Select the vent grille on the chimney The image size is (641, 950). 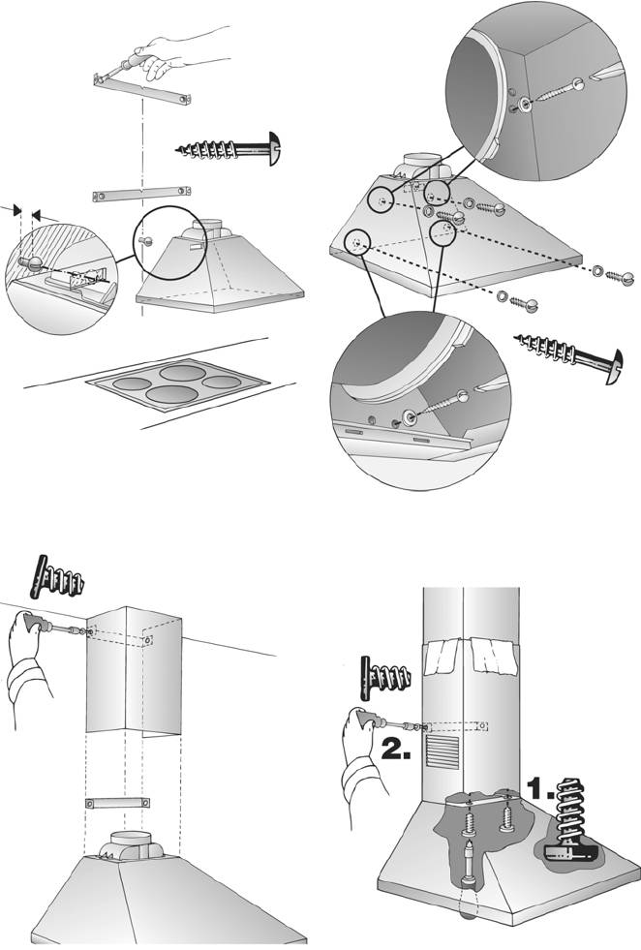443,751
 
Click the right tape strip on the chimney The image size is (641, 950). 493,658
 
